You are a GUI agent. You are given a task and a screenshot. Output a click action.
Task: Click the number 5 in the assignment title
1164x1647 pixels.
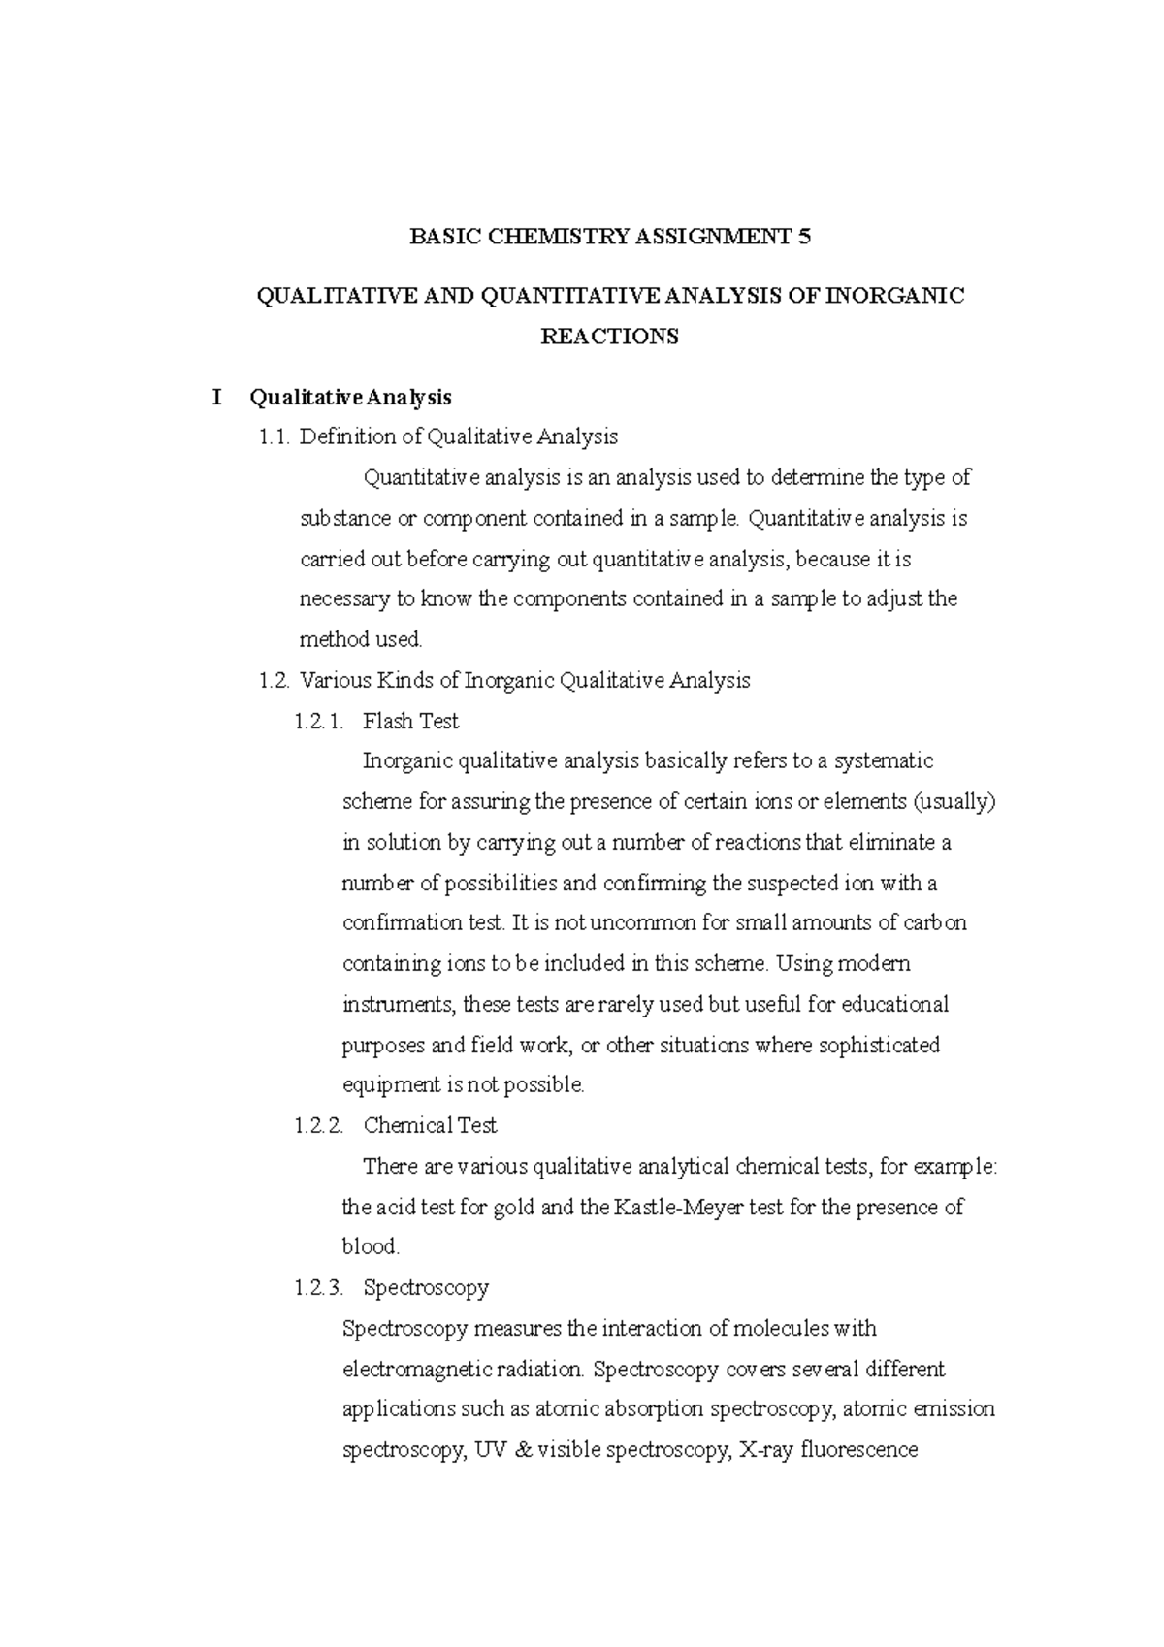pyautogui.click(x=803, y=237)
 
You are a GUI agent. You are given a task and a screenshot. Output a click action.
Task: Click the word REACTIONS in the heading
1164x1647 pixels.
pyautogui.click(x=609, y=337)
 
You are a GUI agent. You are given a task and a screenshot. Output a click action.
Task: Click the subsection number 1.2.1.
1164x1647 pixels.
pyautogui.click(x=318, y=722)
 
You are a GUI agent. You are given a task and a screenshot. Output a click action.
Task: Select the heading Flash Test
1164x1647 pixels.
pyautogui.click(x=410, y=722)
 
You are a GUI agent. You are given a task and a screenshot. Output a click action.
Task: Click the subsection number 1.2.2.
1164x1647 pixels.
pyautogui.click(x=318, y=1126)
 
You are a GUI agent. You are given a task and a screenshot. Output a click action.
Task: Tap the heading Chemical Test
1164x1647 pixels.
pyautogui.click(x=430, y=1126)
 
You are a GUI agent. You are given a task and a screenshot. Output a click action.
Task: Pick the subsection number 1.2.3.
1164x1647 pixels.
pyautogui.click(x=318, y=1288)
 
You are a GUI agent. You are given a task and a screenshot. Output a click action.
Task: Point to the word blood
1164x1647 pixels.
pyautogui.click(x=371, y=1247)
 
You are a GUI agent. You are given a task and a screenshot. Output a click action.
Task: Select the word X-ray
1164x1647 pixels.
pyautogui.click(x=761, y=1451)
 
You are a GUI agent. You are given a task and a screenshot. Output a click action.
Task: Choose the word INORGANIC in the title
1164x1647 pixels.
pyautogui.click(x=894, y=297)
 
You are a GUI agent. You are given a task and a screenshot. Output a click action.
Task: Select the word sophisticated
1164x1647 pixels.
pyautogui.click(x=879, y=1046)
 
